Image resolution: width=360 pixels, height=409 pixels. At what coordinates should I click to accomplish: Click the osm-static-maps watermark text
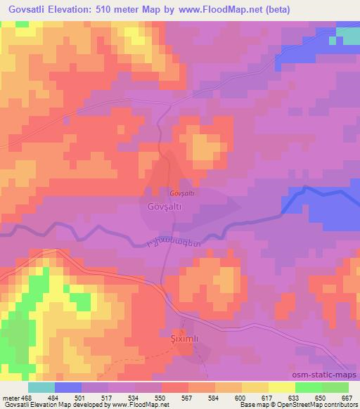point(320,376)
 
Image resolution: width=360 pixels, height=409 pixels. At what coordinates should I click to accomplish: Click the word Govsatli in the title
point(30,10)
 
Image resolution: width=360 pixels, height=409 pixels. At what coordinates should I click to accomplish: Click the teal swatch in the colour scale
point(41,388)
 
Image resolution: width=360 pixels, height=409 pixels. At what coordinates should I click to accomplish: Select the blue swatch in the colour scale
point(67,388)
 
